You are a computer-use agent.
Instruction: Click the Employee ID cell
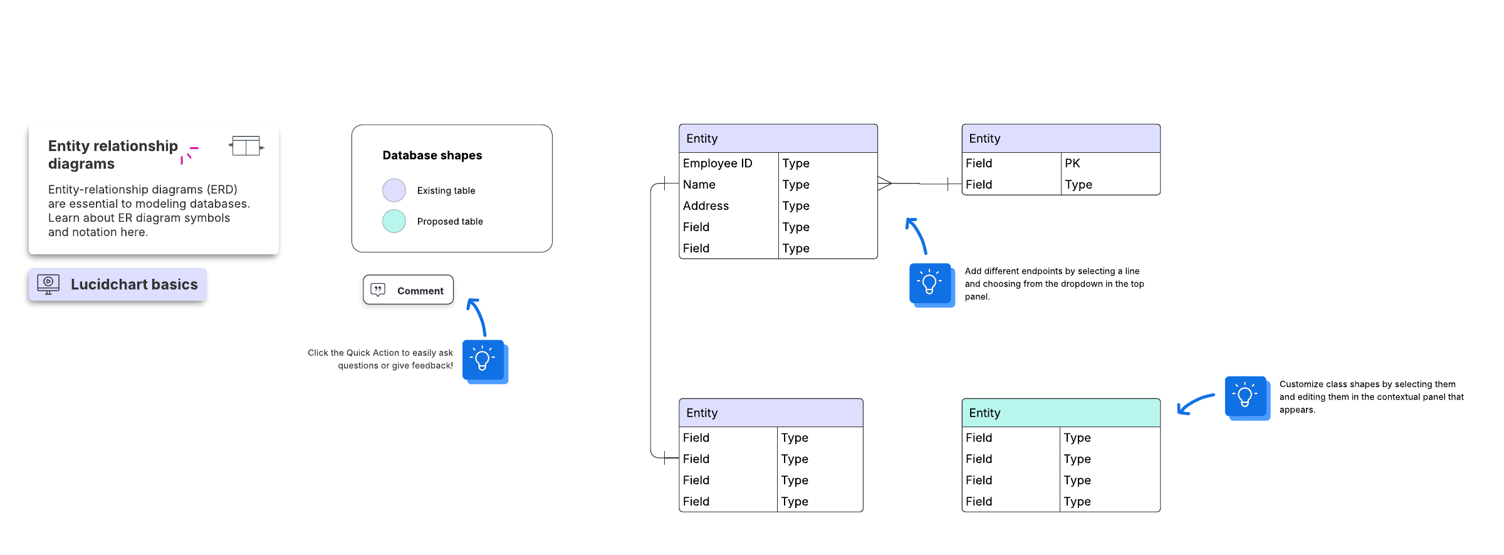point(729,163)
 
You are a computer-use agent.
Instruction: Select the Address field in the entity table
point(729,206)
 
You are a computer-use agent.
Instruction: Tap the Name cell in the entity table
point(729,185)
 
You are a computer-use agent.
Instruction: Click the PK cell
point(1110,163)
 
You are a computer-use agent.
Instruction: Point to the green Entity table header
point(1061,413)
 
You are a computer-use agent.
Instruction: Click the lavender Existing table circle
point(394,190)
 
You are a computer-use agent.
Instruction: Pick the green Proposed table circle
point(394,221)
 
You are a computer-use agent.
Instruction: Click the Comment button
point(408,290)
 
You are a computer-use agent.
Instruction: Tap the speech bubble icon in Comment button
point(378,290)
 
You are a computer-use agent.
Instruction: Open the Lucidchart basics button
point(118,284)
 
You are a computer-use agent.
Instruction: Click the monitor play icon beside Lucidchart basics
point(48,284)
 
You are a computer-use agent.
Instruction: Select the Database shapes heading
point(432,155)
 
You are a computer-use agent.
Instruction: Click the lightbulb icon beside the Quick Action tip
point(484,361)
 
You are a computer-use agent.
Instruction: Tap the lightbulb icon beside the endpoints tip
point(932,285)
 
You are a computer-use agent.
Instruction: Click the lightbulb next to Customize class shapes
point(1247,398)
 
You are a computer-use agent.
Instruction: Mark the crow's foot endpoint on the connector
point(884,184)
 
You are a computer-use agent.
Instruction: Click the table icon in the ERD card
point(246,146)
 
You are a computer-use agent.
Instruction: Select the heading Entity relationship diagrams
point(113,155)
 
